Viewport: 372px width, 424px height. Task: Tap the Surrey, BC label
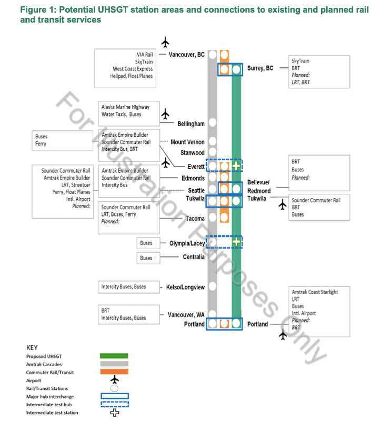tap(260, 68)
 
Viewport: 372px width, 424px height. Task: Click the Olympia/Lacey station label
tap(187, 243)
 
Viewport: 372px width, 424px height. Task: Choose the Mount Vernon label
tap(187, 142)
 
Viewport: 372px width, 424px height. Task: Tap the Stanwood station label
tap(192, 153)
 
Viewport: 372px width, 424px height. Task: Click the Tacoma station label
tap(195, 218)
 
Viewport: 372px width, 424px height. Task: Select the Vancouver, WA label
tap(186, 315)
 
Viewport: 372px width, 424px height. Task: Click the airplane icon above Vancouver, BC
tap(166, 42)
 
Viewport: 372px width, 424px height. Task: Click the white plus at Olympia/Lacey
tap(236, 242)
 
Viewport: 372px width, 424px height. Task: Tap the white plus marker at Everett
tap(236, 166)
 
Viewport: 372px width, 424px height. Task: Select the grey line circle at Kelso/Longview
tap(213, 286)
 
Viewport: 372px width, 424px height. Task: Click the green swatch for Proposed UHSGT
tap(114, 356)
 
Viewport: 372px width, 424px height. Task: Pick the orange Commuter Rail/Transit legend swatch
tap(114, 372)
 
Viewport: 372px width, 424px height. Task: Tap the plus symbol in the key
tap(114, 413)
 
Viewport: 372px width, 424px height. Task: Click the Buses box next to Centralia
tap(146, 258)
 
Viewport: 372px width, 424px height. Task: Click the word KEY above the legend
tap(32, 347)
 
